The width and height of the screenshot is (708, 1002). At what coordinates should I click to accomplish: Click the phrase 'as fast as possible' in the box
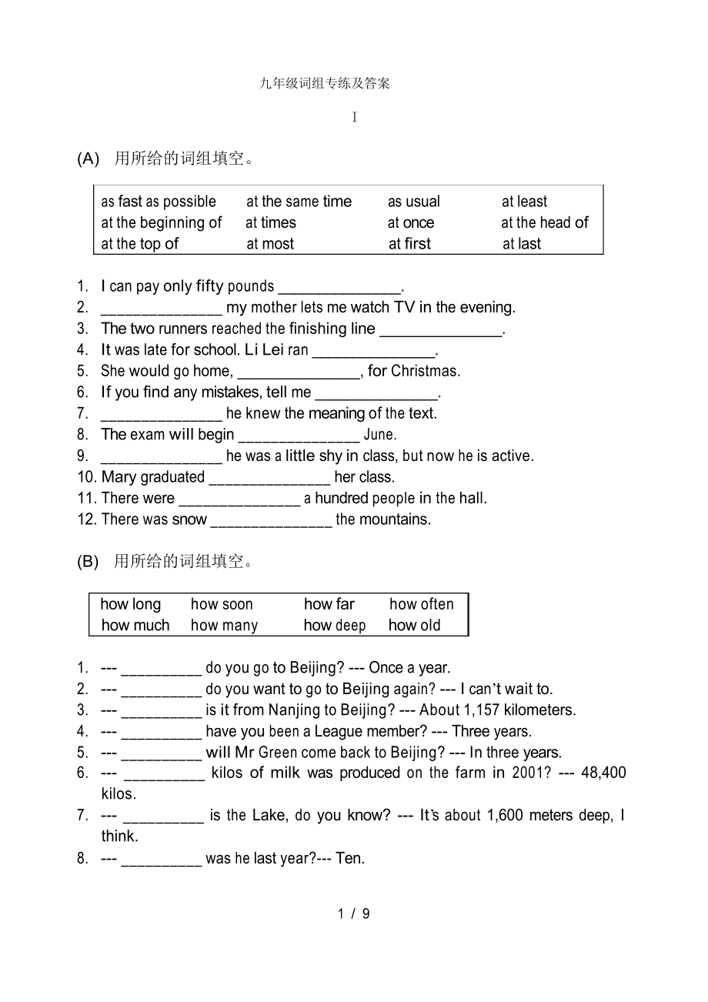[x=159, y=202]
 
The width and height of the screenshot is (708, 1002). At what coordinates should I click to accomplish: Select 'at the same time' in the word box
[x=299, y=202]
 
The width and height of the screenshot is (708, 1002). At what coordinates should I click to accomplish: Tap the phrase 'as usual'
[x=414, y=202]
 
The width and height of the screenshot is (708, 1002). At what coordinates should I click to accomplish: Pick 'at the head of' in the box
[x=545, y=222]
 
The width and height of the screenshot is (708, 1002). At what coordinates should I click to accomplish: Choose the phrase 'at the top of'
[x=140, y=244]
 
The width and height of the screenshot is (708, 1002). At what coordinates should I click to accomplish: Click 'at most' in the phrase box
[x=270, y=244]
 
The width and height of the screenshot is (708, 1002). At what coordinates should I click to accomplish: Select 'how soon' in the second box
[x=222, y=604]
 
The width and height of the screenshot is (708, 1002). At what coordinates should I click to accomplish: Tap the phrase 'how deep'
[x=335, y=626]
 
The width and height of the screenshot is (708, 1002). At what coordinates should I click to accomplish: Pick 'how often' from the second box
[x=422, y=604]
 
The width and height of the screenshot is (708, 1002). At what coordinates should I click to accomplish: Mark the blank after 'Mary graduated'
[x=269, y=478]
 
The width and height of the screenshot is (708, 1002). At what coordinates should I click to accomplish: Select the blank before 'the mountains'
[x=271, y=520]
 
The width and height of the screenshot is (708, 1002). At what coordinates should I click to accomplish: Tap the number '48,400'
[x=603, y=773]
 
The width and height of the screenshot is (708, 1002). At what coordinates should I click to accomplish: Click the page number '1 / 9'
[x=354, y=913]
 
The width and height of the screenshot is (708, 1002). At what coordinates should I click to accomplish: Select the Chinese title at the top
[x=325, y=83]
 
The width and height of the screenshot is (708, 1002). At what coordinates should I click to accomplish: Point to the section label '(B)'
[x=88, y=562]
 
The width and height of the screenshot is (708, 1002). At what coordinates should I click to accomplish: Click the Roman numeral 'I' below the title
[x=355, y=117]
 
